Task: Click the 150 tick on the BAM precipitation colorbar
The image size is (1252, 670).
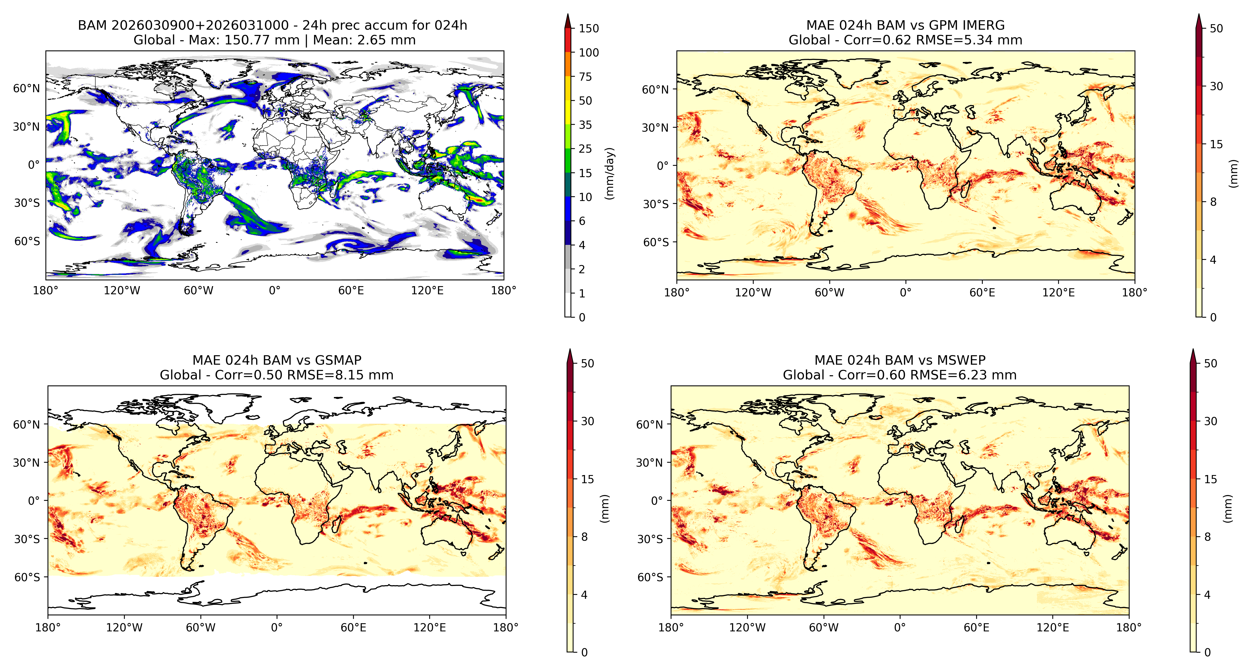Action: tap(589, 28)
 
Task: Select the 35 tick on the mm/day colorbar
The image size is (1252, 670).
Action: tap(585, 125)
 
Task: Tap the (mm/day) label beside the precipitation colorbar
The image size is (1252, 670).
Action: tap(609, 173)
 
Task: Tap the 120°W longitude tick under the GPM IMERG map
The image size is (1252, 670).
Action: tap(753, 293)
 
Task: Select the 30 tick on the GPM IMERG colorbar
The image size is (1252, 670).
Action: tap(1216, 86)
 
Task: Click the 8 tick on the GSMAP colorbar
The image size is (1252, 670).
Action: tap(584, 537)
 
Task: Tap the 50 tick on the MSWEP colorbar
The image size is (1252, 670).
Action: tap(1210, 363)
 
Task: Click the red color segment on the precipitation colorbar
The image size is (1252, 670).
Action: tap(568, 40)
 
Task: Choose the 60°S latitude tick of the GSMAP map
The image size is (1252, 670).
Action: tap(27, 577)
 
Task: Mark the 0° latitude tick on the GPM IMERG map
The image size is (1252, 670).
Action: tap(663, 165)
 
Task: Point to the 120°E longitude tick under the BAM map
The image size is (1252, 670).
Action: tap(427, 291)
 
